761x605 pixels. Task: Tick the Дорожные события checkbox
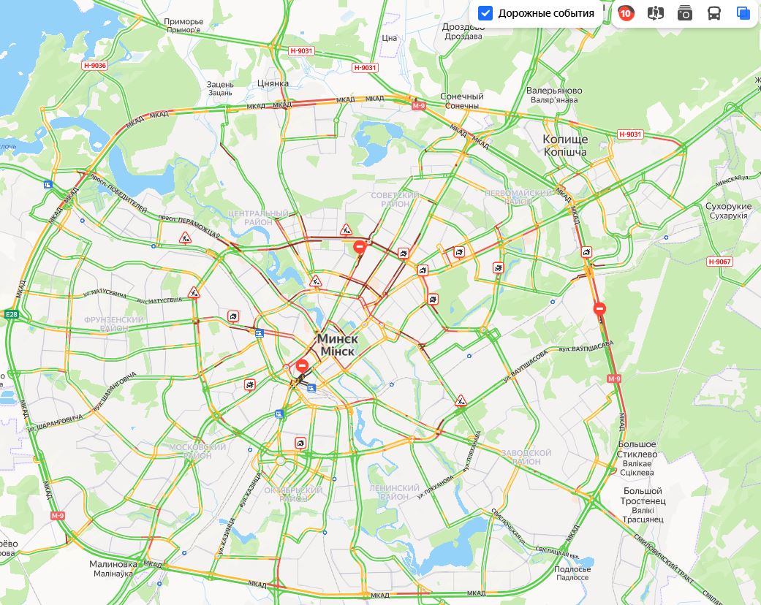tap(485, 13)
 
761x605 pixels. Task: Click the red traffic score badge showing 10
tap(625, 13)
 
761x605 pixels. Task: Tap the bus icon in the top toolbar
tap(714, 13)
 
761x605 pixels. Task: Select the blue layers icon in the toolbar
tap(743, 13)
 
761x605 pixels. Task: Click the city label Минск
tap(337, 340)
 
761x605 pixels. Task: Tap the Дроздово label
tap(463, 27)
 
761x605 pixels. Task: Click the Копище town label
tap(564, 140)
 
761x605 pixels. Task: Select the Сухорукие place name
tap(728, 207)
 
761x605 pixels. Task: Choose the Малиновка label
tap(113, 564)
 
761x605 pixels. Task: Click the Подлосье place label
tap(572, 569)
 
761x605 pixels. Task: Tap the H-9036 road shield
tap(94, 66)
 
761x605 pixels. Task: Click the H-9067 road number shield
tap(719, 262)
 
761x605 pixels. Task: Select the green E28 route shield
tap(11, 314)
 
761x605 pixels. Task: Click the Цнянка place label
tap(273, 83)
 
